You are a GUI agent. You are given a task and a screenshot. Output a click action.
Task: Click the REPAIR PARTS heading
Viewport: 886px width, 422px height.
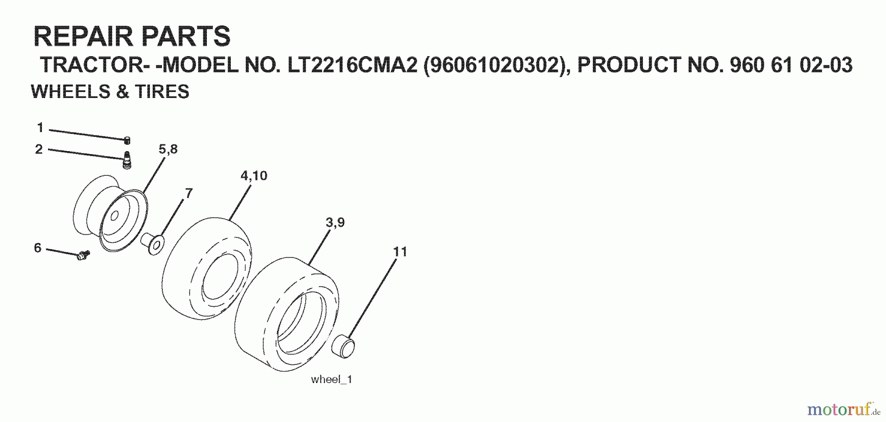point(131,36)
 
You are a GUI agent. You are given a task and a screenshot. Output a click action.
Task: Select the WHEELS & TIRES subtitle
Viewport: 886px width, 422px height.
point(110,92)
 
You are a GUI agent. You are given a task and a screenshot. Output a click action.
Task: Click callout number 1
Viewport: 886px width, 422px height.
point(40,128)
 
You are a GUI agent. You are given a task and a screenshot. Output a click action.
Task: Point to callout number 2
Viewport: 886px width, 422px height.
point(39,149)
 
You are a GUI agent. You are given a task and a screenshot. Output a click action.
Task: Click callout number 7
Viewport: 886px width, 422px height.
point(189,193)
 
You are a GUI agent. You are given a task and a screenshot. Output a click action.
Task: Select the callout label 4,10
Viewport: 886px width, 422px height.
point(253,176)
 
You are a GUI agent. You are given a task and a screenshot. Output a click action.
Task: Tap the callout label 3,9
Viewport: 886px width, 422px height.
point(335,223)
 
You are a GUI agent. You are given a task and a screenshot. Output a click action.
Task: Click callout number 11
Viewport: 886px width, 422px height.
point(400,252)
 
